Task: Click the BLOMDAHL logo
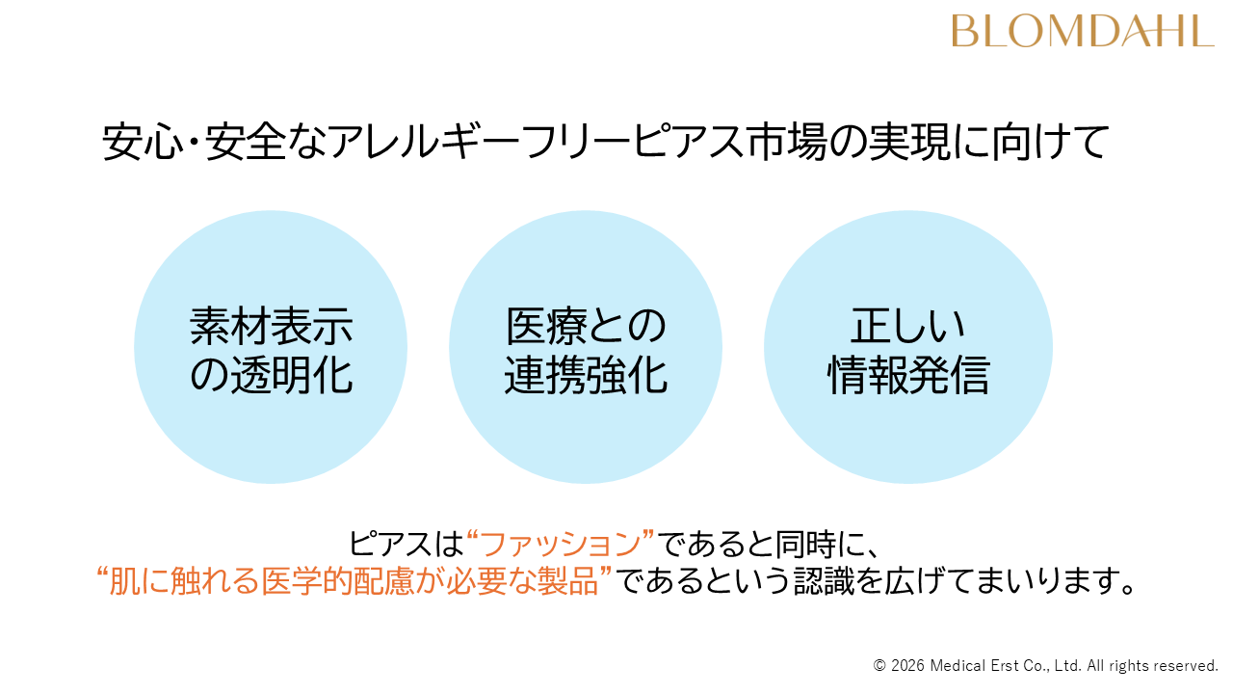(1082, 30)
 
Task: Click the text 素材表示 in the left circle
(271, 327)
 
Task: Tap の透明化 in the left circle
(271, 376)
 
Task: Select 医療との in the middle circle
(586, 327)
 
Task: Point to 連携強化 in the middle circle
(586, 376)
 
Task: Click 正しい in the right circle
(907, 327)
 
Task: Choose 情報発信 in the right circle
(907, 376)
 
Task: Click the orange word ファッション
(561, 544)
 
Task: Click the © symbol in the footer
(879, 666)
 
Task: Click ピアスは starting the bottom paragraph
(406, 544)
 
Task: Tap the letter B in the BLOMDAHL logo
(963, 30)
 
